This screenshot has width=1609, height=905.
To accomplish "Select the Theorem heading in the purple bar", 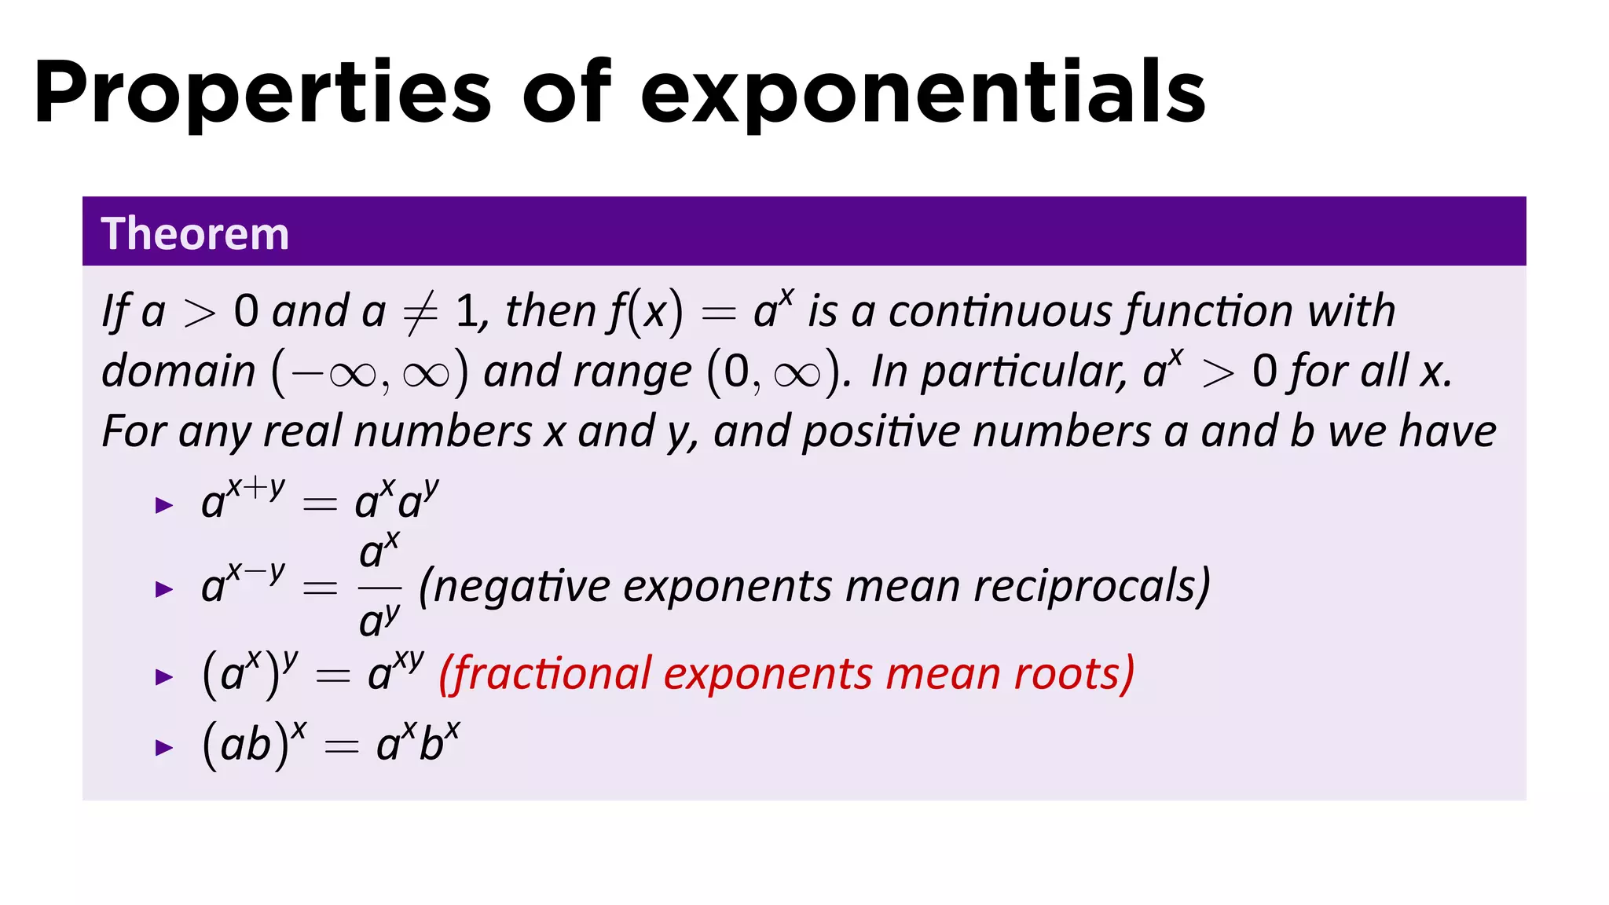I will [x=195, y=233].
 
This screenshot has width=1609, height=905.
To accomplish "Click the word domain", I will [x=179, y=372].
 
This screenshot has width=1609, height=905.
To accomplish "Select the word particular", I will [x=1024, y=372].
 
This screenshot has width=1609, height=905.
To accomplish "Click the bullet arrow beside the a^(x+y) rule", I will [x=164, y=505].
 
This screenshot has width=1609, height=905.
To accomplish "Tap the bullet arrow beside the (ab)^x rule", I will [x=164, y=747].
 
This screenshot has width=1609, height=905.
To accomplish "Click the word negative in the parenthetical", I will [x=521, y=587].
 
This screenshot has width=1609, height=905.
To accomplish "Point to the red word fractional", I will [x=552, y=673].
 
